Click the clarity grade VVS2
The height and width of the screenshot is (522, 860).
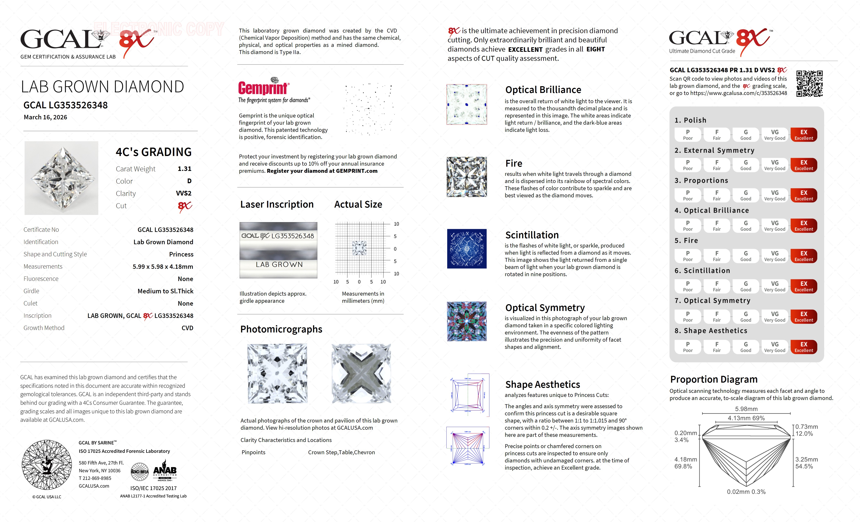point(184,193)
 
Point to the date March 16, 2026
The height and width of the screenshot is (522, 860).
point(45,117)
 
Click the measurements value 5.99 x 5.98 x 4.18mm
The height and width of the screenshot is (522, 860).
point(163,267)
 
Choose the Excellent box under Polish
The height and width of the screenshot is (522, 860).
point(803,135)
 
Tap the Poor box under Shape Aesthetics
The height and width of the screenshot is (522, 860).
point(688,347)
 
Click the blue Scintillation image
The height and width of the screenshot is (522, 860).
point(467,249)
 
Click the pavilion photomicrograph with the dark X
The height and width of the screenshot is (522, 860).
point(361,373)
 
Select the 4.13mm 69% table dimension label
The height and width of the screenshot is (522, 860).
point(746,418)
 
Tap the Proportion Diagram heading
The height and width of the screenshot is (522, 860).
point(713,379)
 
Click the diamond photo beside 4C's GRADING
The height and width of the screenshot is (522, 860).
point(61,178)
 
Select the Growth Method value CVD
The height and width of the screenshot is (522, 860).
point(187,328)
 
